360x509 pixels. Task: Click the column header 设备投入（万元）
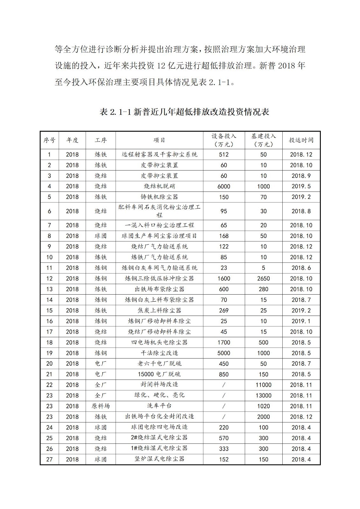click(x=224, y=140)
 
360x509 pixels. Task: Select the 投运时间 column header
click(x=301, y=140)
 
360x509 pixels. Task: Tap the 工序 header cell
click(x=101, y=140)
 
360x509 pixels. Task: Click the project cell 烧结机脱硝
click(x=159, y=186)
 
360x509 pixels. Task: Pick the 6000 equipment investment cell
click(x=224, y=186)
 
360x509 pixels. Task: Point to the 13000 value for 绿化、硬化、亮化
click(x=263, y=395)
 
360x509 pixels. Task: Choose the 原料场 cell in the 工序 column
click(x=101, y=406)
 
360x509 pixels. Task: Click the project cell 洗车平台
click(x=159, y=406)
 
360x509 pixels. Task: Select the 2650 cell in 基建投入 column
click(x=263, y=278)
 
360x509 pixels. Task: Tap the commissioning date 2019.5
click(x=301, y=186)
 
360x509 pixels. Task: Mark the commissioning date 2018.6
click(x=301, y=268)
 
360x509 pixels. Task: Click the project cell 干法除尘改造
click(x=159, y=353)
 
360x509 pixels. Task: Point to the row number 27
click(x=49, y=459)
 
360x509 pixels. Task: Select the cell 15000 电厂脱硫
click(x=159, y=374)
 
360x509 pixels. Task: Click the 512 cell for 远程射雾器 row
click(x=224, y=155)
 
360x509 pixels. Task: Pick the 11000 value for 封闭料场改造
click(x=263, y=385)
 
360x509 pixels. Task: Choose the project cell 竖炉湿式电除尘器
click(x=159, y=459)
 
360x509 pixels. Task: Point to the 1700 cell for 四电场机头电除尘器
click(x=224, y=342)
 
